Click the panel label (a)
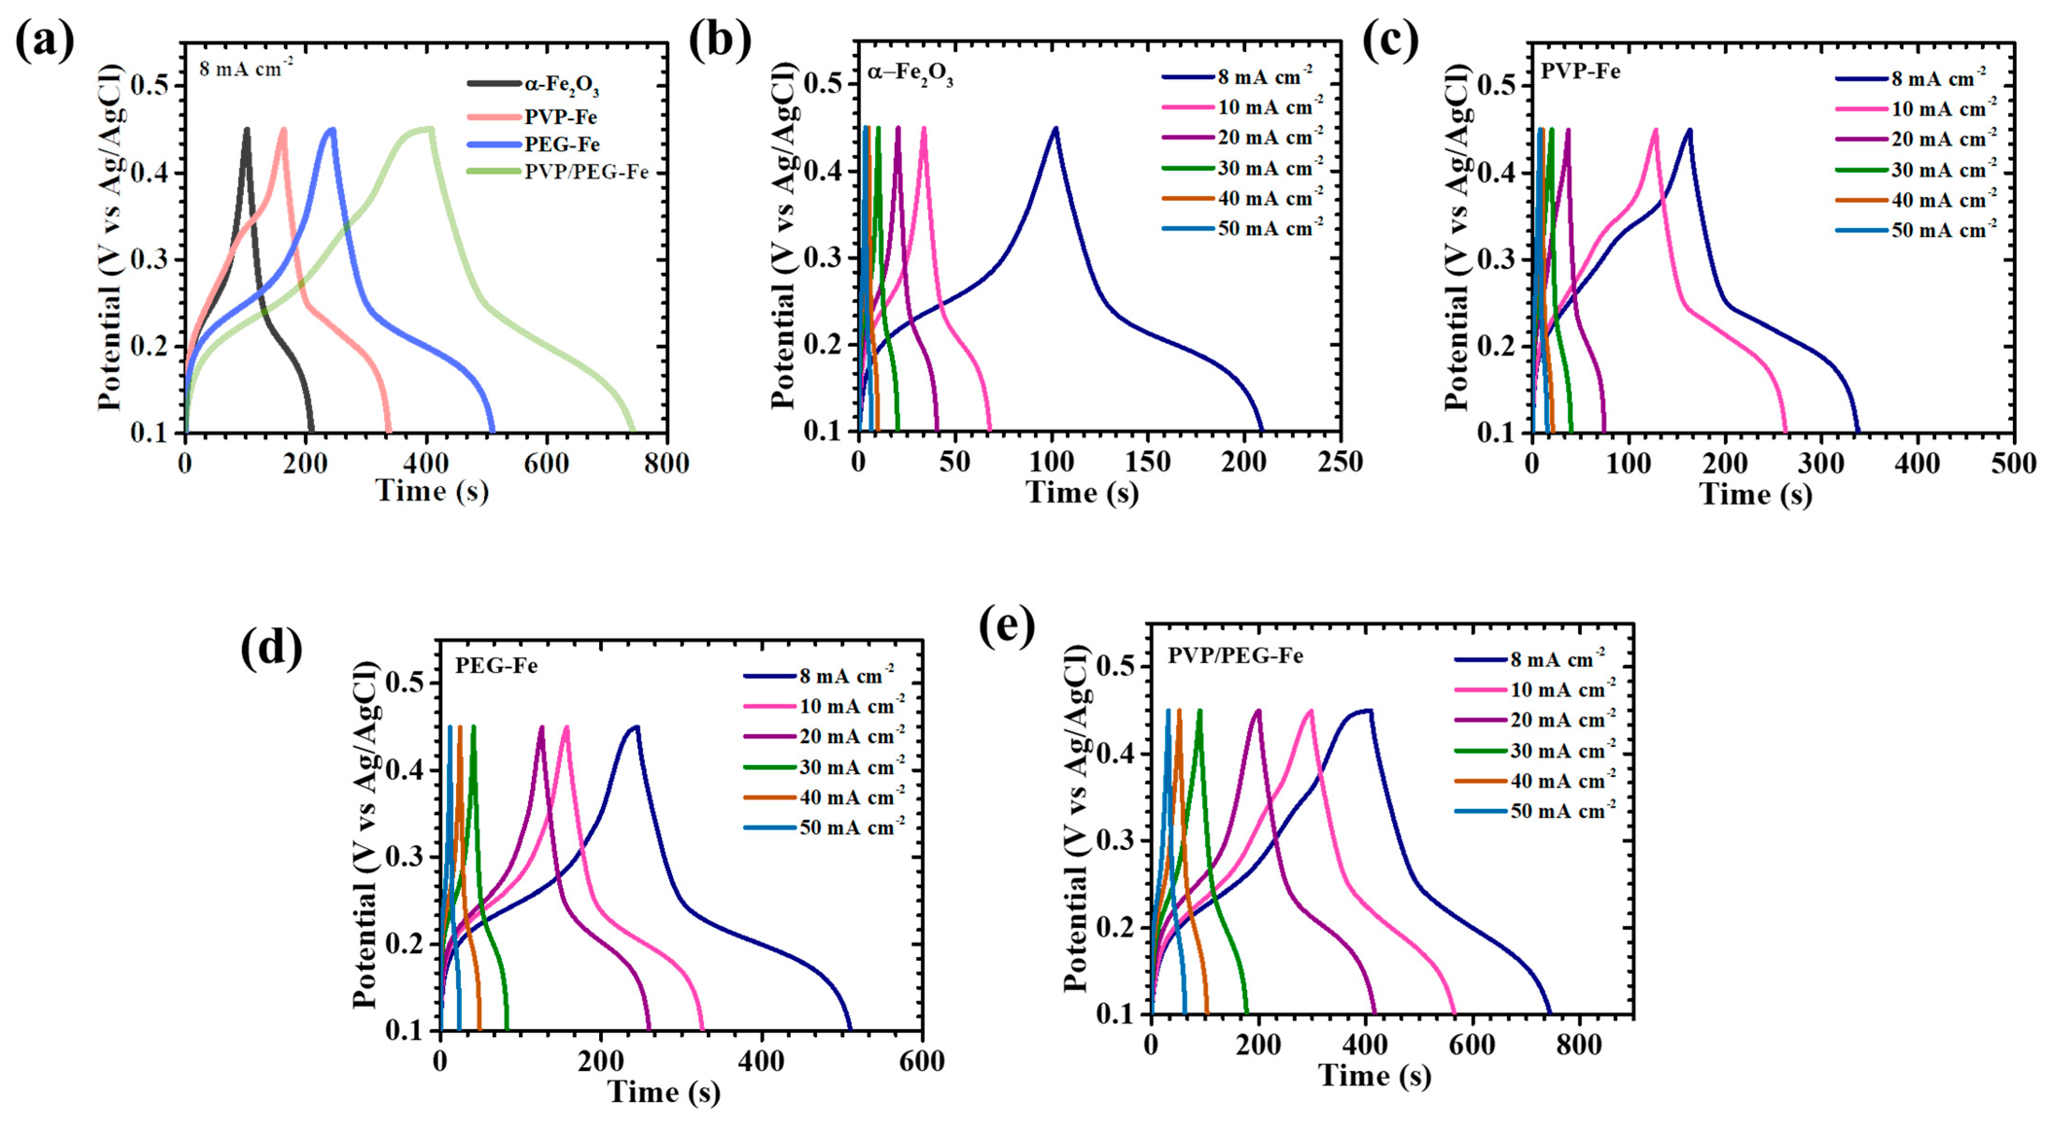point(45,42)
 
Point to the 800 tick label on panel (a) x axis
point(666,463)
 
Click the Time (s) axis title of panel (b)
point(1082,492)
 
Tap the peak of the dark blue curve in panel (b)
point(1055,128)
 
